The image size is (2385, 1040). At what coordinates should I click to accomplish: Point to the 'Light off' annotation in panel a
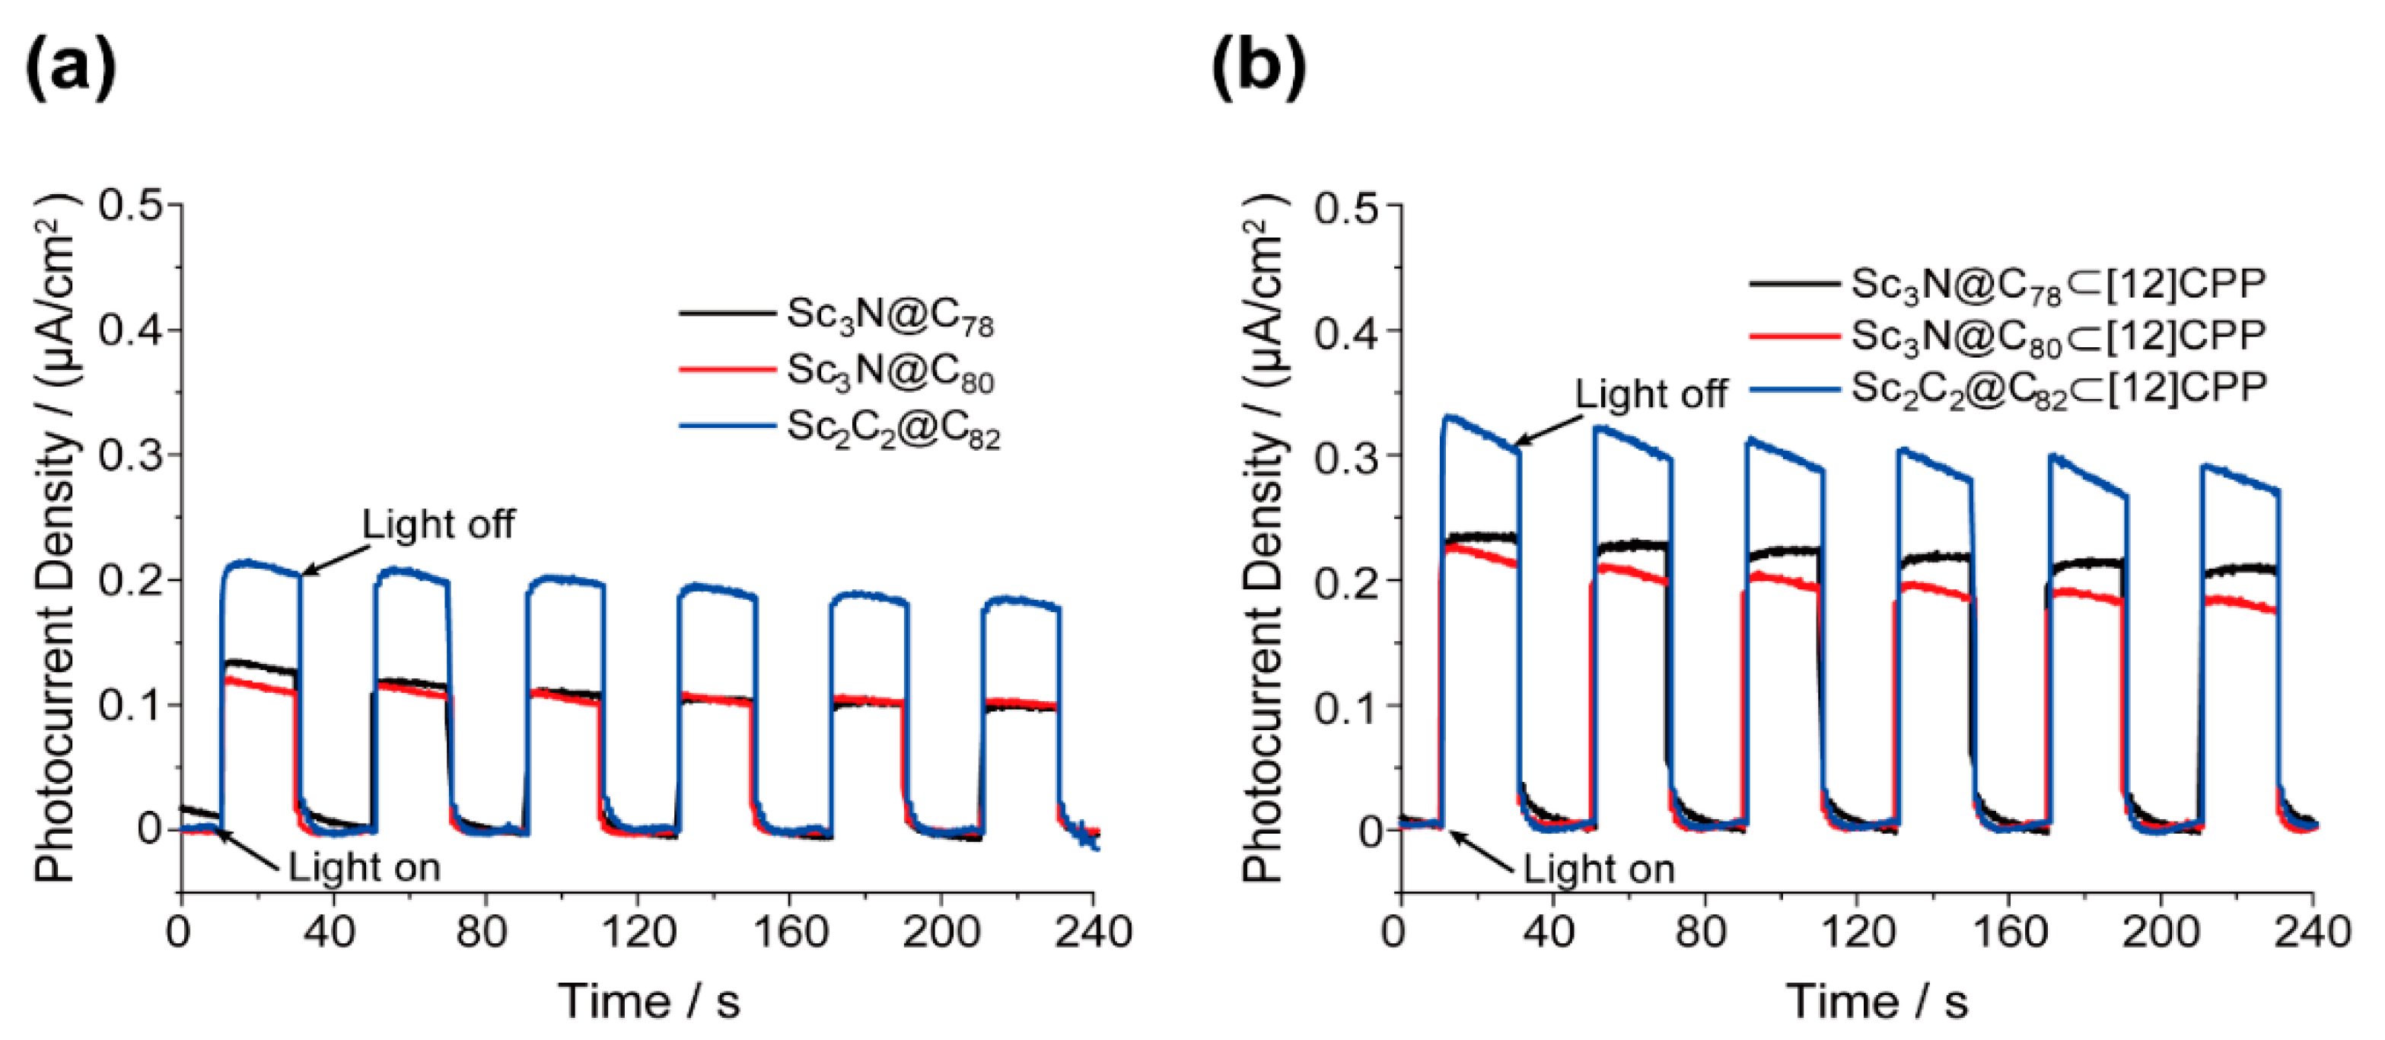[x=437, y=524]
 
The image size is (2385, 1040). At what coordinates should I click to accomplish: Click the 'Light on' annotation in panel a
[x=364, y=868]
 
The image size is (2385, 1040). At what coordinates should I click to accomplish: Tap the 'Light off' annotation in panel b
[x=1651, y=394]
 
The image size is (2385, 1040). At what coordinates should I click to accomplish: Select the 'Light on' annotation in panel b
[x=1599, y=869]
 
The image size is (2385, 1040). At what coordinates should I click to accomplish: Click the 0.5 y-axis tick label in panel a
[x=139, y=205]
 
